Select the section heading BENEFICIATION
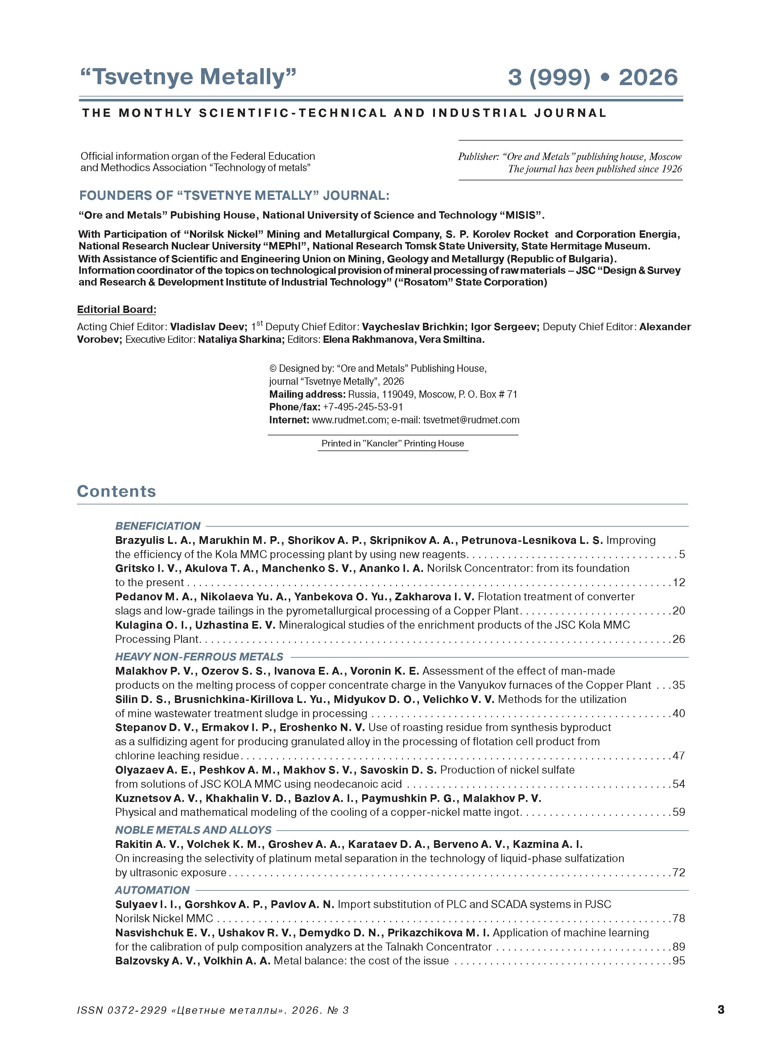coord(157,526)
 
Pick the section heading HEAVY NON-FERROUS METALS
coord(199,657)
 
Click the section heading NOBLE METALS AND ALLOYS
coord(193,830)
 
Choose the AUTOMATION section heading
coord(152,890)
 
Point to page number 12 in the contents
coord(679,582)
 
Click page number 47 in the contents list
coord(679,756)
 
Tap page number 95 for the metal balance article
coord(679,961)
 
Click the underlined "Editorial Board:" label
coord(117,310)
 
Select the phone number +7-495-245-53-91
coord(363,407)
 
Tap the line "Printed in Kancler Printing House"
coord(393,444)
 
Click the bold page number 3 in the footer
coord(721,1009)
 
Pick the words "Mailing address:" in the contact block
coord(307,394)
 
